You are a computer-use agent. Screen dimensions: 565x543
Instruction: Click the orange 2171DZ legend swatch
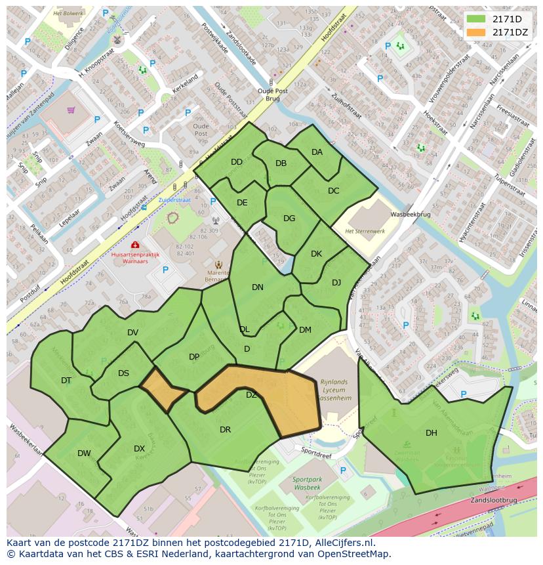[477, 32]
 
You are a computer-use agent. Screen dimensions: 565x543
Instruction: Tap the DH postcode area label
[431, 432]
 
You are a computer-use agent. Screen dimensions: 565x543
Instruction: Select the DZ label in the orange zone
[252, 394]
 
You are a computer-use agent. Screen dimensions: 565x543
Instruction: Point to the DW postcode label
[84, 453]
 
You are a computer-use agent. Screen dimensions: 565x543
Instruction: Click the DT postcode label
[66, 381]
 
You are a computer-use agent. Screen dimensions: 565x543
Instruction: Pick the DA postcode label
[317, 152]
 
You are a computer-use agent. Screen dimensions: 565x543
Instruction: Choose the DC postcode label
[333, 191]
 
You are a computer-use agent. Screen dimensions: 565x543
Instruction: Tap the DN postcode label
[258, 287]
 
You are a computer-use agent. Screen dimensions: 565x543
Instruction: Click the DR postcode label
[225, 430]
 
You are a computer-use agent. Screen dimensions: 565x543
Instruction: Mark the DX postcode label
[139, 449]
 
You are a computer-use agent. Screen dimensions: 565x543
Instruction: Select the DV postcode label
[133, 333]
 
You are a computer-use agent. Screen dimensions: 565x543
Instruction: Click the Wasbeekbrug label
[409, 215]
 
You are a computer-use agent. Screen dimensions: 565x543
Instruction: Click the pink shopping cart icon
[71, 110]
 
